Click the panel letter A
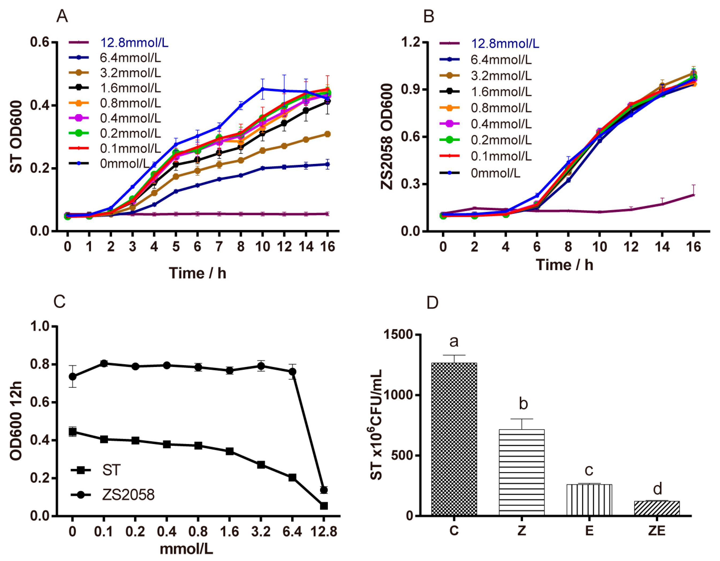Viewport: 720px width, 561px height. point(62,16)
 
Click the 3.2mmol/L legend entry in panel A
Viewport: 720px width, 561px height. point(130,73)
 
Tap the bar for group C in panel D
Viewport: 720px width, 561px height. point(454,439)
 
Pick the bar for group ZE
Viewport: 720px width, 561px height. point(657,508)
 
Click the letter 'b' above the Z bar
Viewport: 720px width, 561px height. point(523,403)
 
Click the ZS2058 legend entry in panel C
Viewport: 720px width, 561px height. point(128,495)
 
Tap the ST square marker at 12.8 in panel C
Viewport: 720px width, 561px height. point(324,506)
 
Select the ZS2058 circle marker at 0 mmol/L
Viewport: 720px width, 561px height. point(73,376)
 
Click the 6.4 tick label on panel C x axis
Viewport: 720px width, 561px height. point(292,532)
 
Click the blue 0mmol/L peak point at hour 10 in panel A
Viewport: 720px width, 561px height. point(262,89)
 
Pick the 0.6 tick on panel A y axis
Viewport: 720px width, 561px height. point(40,42)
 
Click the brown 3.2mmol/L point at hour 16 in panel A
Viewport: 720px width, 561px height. point(327,134)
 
